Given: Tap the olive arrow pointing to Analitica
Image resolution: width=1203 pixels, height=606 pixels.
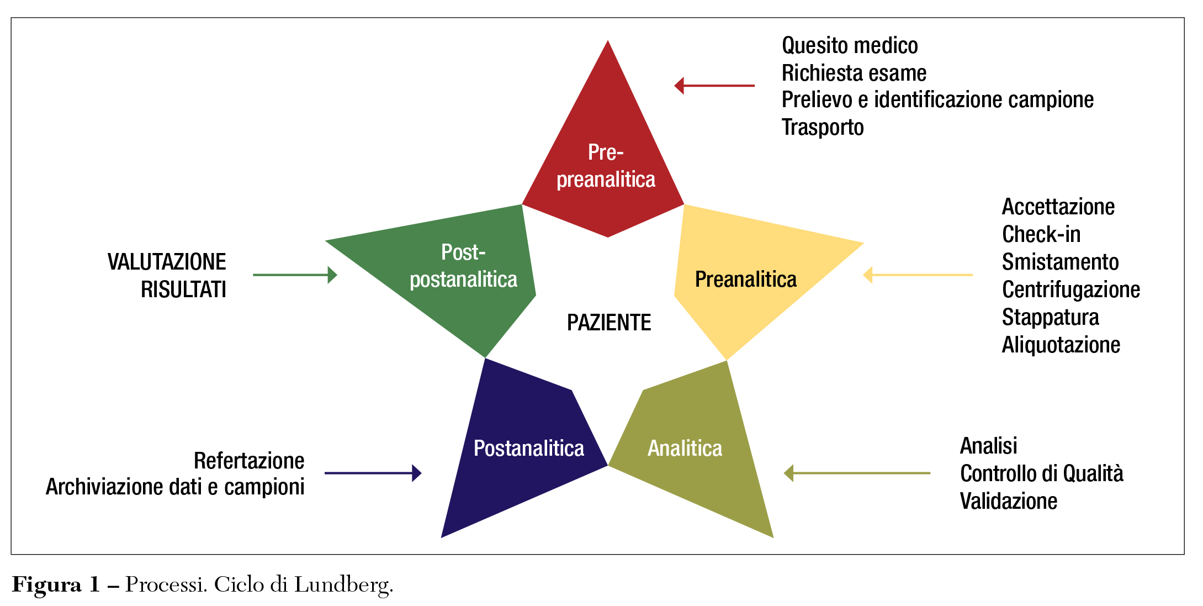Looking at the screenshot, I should [x=857, y=473].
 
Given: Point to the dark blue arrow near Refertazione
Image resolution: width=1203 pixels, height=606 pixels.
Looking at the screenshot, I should [x=373, y=473].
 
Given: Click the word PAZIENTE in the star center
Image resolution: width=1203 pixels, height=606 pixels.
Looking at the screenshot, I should [x=609, y=323].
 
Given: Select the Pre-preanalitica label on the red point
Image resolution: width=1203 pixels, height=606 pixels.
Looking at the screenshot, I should [x=606, y=166].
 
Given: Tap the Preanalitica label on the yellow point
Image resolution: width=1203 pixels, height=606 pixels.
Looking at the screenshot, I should [x=745, y=280].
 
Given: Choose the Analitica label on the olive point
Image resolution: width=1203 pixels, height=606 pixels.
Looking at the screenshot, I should [x=685, y=449].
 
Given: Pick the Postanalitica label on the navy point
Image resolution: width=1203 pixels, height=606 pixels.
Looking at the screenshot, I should [x=529, y=449].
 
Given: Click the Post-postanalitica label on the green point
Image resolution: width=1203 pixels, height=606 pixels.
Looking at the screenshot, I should [x=463, y=266].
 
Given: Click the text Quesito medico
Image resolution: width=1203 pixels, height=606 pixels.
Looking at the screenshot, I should [x=850, y=45].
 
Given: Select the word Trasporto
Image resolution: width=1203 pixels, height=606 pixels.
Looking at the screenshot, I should [x=823, y=127].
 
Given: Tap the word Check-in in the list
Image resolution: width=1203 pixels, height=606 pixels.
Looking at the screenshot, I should [x=1041, y=234].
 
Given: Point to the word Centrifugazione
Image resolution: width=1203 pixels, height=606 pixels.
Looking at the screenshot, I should [x=1071, y=289].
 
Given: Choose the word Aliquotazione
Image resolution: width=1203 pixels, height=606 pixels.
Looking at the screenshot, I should [x=1061, y=345].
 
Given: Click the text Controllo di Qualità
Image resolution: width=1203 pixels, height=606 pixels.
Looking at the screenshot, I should [x=1042, y=473].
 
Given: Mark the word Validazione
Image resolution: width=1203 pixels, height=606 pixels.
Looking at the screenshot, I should [x=1009, y=501].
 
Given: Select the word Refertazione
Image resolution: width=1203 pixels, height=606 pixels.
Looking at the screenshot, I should [x=249, y=461].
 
